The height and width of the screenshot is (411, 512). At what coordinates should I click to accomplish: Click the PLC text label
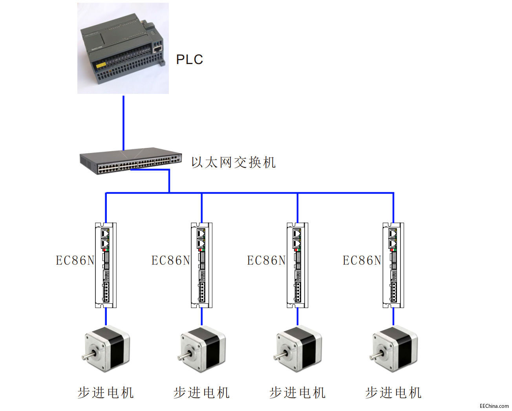[189, 59]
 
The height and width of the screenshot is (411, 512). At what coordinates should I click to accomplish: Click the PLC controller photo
[123, 48]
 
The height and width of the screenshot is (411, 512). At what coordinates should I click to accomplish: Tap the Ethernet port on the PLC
[157, 49]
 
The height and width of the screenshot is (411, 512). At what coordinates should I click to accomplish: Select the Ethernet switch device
[131, 160]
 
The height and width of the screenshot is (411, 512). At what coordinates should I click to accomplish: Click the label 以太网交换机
[233, 162]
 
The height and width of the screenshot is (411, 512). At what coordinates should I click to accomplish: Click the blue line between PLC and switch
[123, 122]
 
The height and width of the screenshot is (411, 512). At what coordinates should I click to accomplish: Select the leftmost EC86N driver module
[106, 265]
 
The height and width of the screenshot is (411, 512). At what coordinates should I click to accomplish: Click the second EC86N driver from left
[202, 265]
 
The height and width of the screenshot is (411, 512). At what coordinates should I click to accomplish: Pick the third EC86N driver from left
[298, 265]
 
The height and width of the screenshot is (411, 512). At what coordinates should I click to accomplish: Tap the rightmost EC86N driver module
[393, 265]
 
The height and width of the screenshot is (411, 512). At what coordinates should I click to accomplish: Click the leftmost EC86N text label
[75, 261]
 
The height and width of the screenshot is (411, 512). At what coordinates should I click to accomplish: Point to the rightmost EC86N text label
[362, 261]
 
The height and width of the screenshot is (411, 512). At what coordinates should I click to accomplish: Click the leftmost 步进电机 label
[106, 393]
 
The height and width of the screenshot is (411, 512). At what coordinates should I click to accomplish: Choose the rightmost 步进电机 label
[393, 393]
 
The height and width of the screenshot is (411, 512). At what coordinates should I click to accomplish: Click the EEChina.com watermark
[494, 406]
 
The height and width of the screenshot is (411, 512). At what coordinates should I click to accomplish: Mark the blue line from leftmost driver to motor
[106, 317]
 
